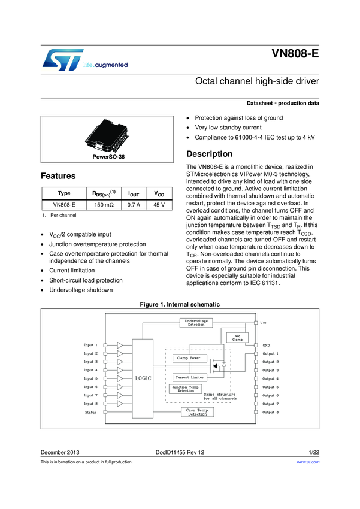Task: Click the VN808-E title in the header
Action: (295, 53)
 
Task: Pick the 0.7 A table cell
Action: (134, 205)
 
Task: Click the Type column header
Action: (63, 193)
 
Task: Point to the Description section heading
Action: (210, 154)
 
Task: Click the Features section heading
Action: (58, 177)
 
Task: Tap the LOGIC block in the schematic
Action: (143, 378)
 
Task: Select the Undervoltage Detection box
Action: (196, 323)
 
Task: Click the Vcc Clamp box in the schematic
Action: (238, 338)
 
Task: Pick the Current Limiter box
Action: (189, 378)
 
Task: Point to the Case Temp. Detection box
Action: (197, 412)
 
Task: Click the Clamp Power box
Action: (189, 358)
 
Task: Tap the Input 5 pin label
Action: (90, 378)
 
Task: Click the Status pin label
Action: (91, 412)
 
